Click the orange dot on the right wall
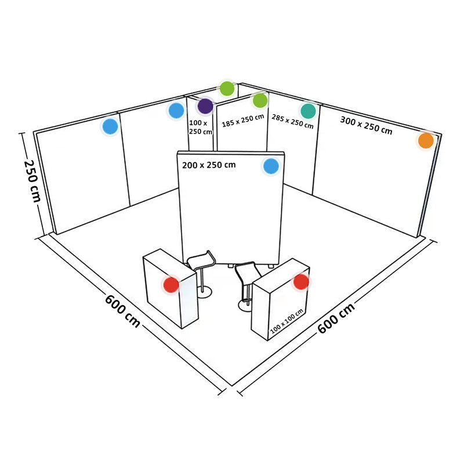426,140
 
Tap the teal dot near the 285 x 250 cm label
309,111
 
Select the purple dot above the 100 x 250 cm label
205,106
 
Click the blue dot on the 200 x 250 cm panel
271,166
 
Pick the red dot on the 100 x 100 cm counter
301,282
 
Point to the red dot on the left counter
171,285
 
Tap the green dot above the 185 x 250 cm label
260,100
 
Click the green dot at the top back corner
227,88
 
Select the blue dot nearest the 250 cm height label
110,126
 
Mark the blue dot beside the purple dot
176,110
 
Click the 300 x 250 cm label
366,125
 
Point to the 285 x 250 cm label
292,122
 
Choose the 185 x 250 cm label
243,121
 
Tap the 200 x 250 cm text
209,165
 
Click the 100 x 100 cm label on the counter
287,321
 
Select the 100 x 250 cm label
201,127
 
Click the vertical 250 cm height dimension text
32,181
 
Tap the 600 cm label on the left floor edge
122,311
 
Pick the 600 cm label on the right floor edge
336,318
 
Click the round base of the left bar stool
205,292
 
